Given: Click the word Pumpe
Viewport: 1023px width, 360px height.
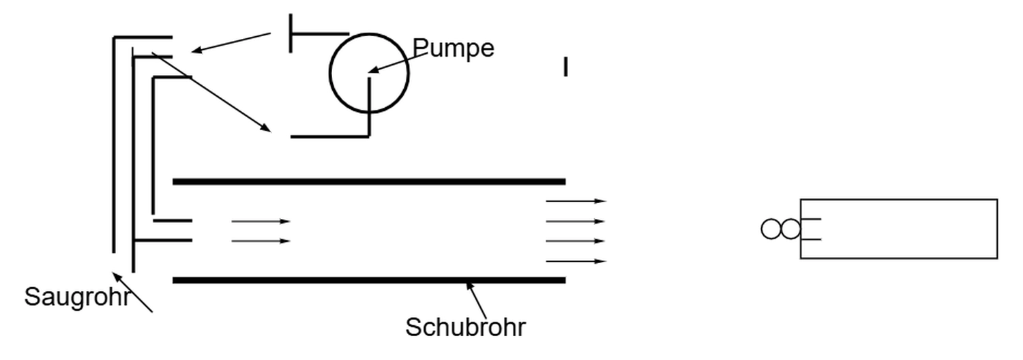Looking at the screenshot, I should click(x=454, y=48).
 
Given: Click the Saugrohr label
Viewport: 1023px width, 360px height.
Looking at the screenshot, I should click(x=76, y=297).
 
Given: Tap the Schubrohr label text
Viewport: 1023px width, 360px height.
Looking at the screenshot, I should click(x=466, y=327).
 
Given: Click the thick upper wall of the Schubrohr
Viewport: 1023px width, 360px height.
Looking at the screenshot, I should click(x=368, y=181).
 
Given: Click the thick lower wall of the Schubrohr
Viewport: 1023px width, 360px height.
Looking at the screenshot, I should click(x=368, y=280).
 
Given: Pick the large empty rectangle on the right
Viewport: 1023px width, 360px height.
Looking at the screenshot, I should click(x=899, y=229).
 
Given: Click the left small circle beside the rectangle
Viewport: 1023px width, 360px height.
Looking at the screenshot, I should click(x=771, y=229).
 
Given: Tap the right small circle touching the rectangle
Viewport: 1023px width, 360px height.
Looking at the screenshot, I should click(x=790, y=229).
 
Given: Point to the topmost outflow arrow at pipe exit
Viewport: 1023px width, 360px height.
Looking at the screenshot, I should click(x=576, y=201).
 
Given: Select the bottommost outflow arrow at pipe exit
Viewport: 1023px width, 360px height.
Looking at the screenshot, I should click(x=576, y=261).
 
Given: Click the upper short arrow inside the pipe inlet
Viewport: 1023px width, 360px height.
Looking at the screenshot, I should click(x=261, y=221).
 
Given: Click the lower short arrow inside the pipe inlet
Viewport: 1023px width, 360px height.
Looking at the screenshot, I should click(x=261, y=241).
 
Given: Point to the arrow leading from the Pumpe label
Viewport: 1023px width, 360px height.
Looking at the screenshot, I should click(x=397, y=63).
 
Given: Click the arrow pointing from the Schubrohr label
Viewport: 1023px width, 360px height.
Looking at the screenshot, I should click(x=476, y=300).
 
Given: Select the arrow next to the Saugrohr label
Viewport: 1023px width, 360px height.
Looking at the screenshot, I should click(x=132, y=292).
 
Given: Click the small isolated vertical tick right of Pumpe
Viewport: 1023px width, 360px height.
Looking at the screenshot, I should click(x=565, y=67).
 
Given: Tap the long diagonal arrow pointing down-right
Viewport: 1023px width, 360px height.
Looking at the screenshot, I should click(x=211, y=91).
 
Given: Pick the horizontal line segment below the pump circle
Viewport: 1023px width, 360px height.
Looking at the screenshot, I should click(x=329, y=136).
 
